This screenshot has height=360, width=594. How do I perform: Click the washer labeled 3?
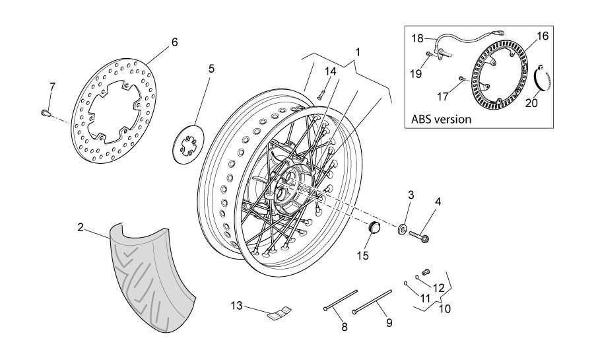(402, 229)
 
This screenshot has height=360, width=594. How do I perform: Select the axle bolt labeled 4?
(420, 234)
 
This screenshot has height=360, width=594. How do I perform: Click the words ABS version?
(441, 120)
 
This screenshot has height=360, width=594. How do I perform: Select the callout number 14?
(330, 71)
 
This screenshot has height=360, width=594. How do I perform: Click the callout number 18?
(418, 38)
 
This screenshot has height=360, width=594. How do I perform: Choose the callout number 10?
(445, 308)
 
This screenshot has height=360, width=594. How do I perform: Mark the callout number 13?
(237, 305)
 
